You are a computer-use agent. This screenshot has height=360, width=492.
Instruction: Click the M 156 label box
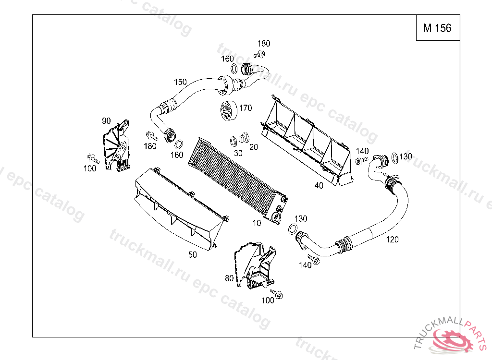click(437, 28)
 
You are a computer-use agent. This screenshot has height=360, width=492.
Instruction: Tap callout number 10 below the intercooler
click(257, 223)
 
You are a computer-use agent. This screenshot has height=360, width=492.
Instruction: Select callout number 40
click(319, 185)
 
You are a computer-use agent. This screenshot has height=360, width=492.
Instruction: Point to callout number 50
click(192, 255)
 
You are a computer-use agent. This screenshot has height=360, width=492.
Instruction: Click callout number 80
click(229, 278)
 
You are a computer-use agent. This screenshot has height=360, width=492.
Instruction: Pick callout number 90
click(106, 120)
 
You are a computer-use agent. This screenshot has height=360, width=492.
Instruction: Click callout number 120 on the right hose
click(393, 240)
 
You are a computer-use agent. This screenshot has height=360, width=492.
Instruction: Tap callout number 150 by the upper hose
click(180, 82)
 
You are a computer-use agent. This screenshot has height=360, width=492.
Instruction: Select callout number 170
click(245, 108)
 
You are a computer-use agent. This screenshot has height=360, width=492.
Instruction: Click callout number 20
click(253, 147)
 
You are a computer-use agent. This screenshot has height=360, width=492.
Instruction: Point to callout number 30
click(238, 153)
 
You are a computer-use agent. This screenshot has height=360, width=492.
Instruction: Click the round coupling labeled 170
click(226, 111)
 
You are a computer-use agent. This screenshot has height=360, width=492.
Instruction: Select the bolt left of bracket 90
click(92, 158)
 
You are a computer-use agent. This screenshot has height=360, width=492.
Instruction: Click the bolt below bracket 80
click(277, 293)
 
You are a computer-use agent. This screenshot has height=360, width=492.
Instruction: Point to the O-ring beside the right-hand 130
click(394, 157)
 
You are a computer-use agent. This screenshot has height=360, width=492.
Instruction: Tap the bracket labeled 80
click(255, 266)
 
